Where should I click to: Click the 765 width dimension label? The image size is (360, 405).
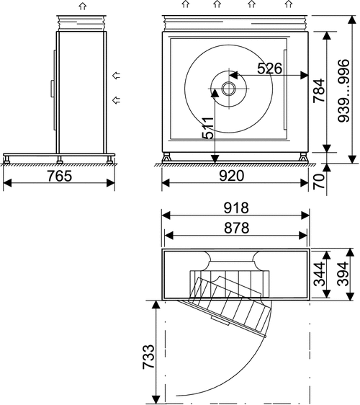click(59, 176)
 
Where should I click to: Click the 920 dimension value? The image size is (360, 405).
click(232, 176)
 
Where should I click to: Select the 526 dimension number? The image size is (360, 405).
click(270, 68)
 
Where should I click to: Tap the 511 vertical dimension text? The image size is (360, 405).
click(208, 128)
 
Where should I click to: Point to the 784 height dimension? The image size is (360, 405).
click(319, 90)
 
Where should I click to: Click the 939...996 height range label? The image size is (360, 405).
click(343, 91)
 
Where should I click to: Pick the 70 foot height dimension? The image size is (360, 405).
click(319, 182)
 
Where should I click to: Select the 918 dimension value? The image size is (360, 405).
click(236, 208)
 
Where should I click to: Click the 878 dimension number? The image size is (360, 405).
click(236, 228)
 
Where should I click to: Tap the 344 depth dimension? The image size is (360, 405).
click(320, 275)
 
